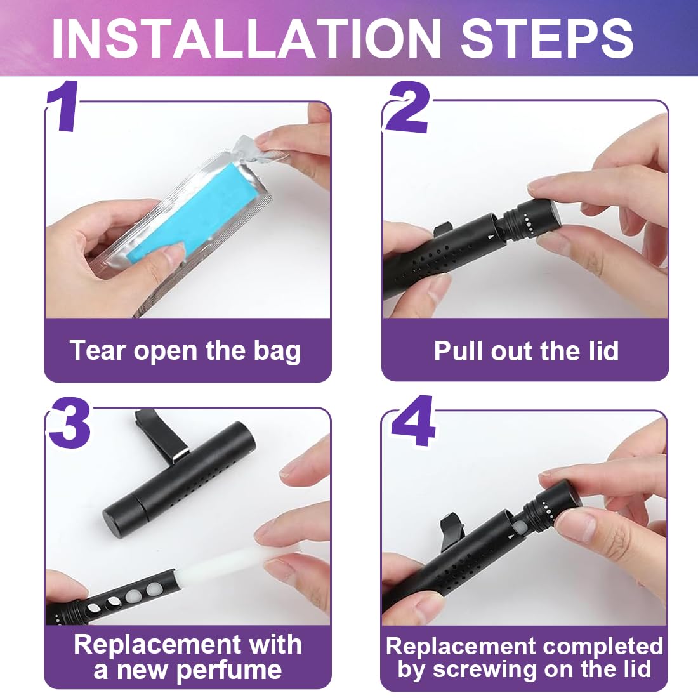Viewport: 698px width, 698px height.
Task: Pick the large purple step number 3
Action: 70,423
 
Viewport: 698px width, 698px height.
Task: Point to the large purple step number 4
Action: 412,421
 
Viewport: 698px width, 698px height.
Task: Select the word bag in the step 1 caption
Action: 277,352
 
